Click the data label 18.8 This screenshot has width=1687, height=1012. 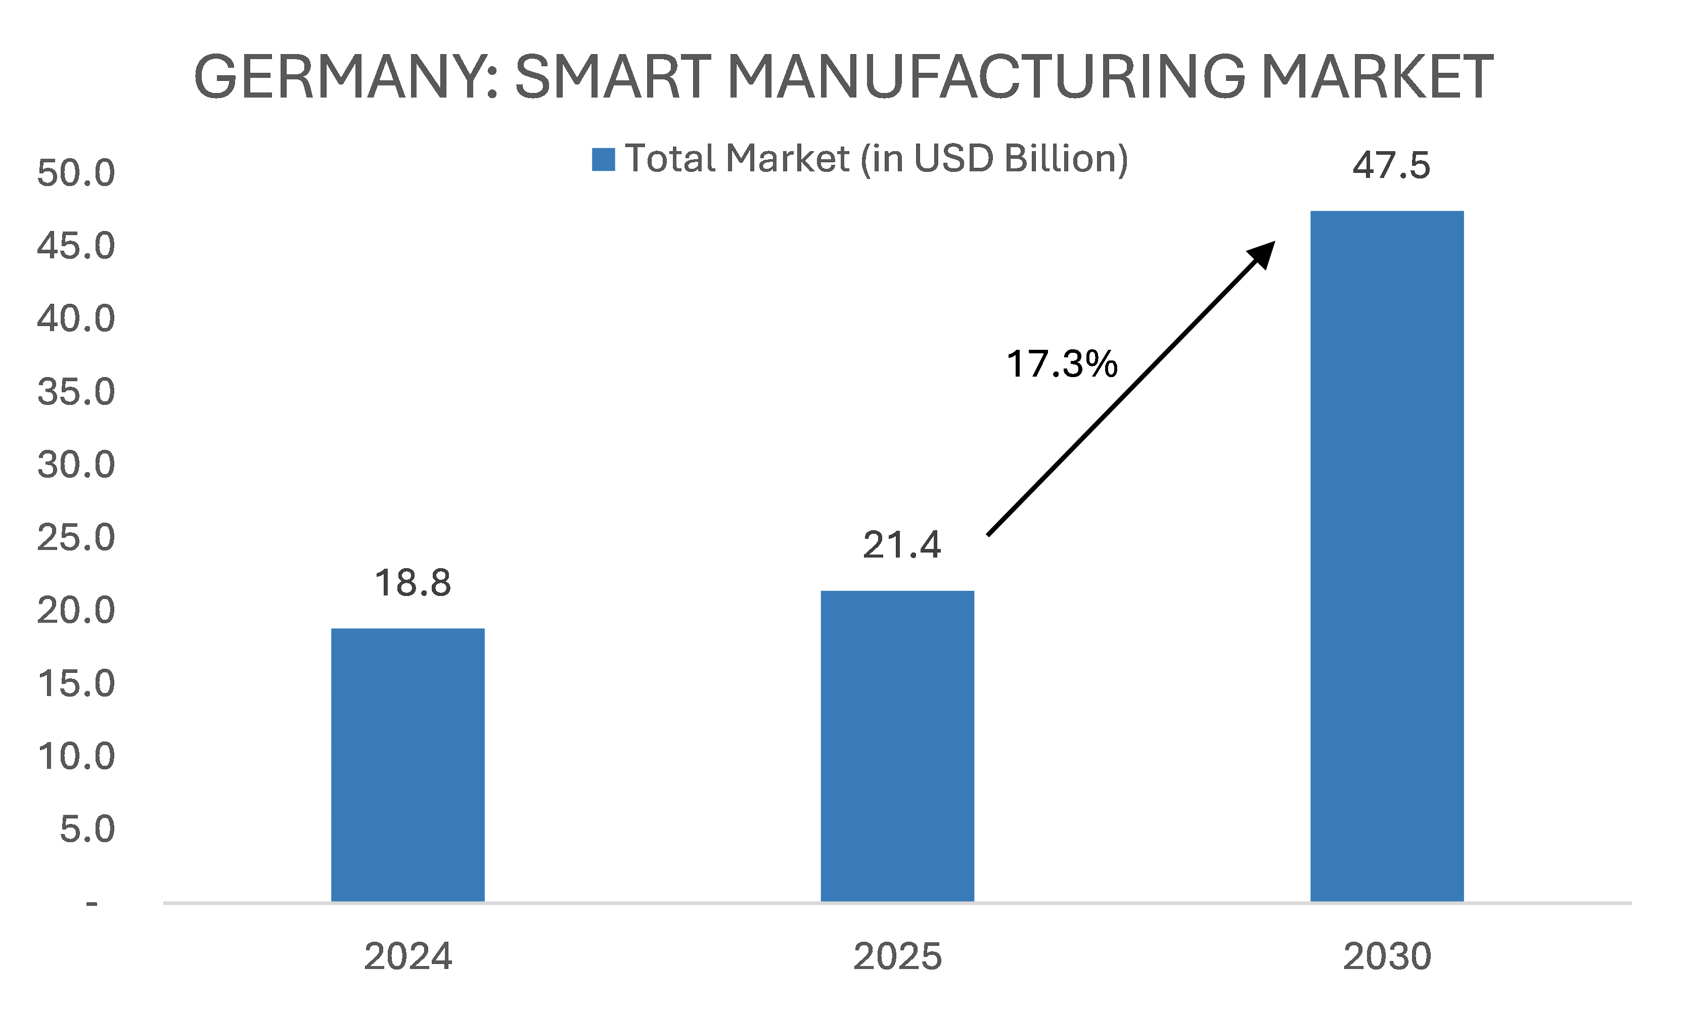pyautogui.click(x=413, y=583)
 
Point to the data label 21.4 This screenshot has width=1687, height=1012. pyautogui.click(x=901, y=545)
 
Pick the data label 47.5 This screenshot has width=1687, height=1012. pyautogui.click(x=1391, y=166)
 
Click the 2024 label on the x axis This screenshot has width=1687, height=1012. pyautogui.click(x=408, y=956)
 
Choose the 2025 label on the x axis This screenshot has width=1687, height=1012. pyautogui.click(x=897, y=956)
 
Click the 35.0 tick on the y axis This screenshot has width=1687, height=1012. pyautogui.click(x=76, y=392)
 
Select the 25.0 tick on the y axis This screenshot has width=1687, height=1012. pyautogui.click(x=76, y=538)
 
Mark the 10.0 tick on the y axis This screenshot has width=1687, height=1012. pyautogui.click(x=76, y=756)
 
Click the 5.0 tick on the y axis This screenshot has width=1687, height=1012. pyautogui.click(x=86, y=829)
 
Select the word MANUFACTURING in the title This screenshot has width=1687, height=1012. pyautogui.click(x=986, y=76)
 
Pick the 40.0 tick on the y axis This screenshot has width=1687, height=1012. pyautogui.click(x=76, y=319)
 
